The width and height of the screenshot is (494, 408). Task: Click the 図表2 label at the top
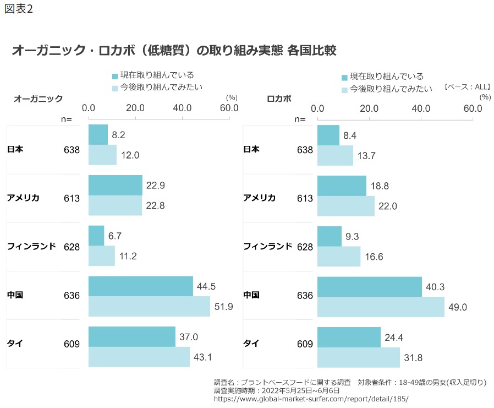pyautogui.click(x=19, y=10)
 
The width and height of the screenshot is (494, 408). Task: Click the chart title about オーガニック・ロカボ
pyautogui.click(x=174, y=51)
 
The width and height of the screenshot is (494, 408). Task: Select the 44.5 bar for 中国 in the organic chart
pyautogui.click(x=140, y=286)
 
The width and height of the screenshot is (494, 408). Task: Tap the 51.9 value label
pyautogui.click(x=223, y=307)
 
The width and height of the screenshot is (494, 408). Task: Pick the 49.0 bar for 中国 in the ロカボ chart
pyautogui.click(x=381, y=307)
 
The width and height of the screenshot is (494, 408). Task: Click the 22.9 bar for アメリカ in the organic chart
pyautogui.click(x=115, y=185)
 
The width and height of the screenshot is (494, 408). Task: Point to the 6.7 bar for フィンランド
pyautogui.click(x=96, y=236)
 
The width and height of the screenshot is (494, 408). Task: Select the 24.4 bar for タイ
pyautogui.click(x=349, y=337)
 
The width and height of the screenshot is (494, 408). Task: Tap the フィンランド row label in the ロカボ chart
pyautogui.click(x=267, y=246)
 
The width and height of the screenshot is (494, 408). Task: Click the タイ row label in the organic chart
pyautogui.click(x=15, y=344)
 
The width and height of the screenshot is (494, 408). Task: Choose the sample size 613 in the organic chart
pyautogui.click(x=72, y=198)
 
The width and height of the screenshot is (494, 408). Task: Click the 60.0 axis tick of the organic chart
pyautogui.click(x=229, y=108)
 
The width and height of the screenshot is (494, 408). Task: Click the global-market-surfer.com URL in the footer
pyautogui.click(x=311, y=399)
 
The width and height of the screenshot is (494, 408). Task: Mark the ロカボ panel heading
pyautogui.click(x=279, y=99)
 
